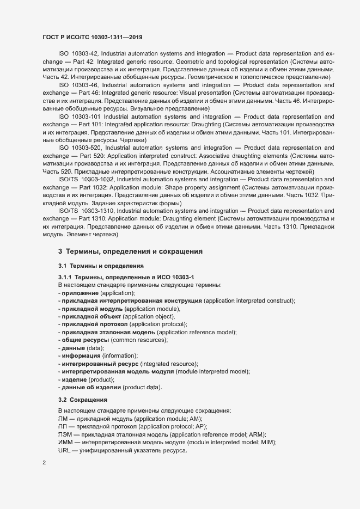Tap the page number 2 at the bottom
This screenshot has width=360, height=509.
coord(44,463)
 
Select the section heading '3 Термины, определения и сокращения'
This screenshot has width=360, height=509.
coord(131,252)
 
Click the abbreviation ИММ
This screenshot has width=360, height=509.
coord(65,443)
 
